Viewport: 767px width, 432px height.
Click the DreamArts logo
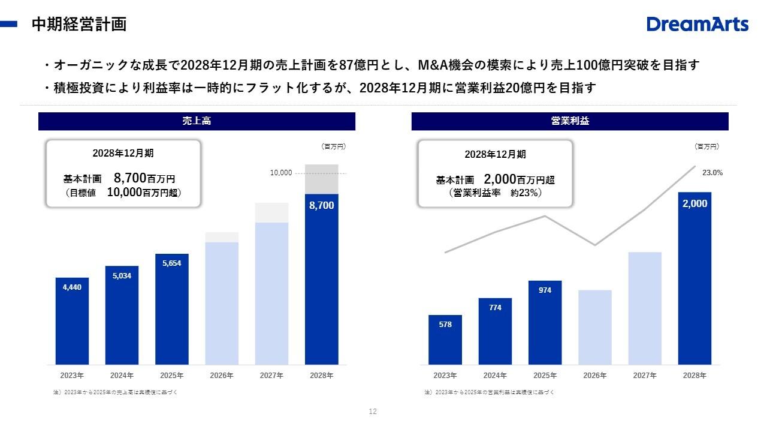697,24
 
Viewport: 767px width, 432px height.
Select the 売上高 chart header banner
197,121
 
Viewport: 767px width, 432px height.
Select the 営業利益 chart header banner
569,121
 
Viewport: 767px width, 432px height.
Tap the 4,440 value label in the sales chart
72,287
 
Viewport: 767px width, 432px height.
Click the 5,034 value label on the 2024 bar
122,276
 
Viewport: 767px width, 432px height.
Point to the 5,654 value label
171,263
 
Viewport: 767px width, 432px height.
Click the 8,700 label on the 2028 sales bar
321,205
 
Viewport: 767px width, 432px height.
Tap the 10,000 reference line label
280,173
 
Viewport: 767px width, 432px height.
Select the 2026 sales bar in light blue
222,303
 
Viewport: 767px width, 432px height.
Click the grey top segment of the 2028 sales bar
321,179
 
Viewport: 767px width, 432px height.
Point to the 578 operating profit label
445,325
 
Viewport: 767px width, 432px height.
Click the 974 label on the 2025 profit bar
545,290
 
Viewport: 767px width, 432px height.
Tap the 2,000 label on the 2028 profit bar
694,203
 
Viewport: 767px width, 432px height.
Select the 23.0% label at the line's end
712,173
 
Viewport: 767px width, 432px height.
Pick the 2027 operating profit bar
645,308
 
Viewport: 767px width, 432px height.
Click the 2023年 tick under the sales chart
72,376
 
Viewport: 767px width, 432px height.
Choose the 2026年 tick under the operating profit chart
594,376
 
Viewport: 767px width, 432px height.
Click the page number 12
373,412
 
